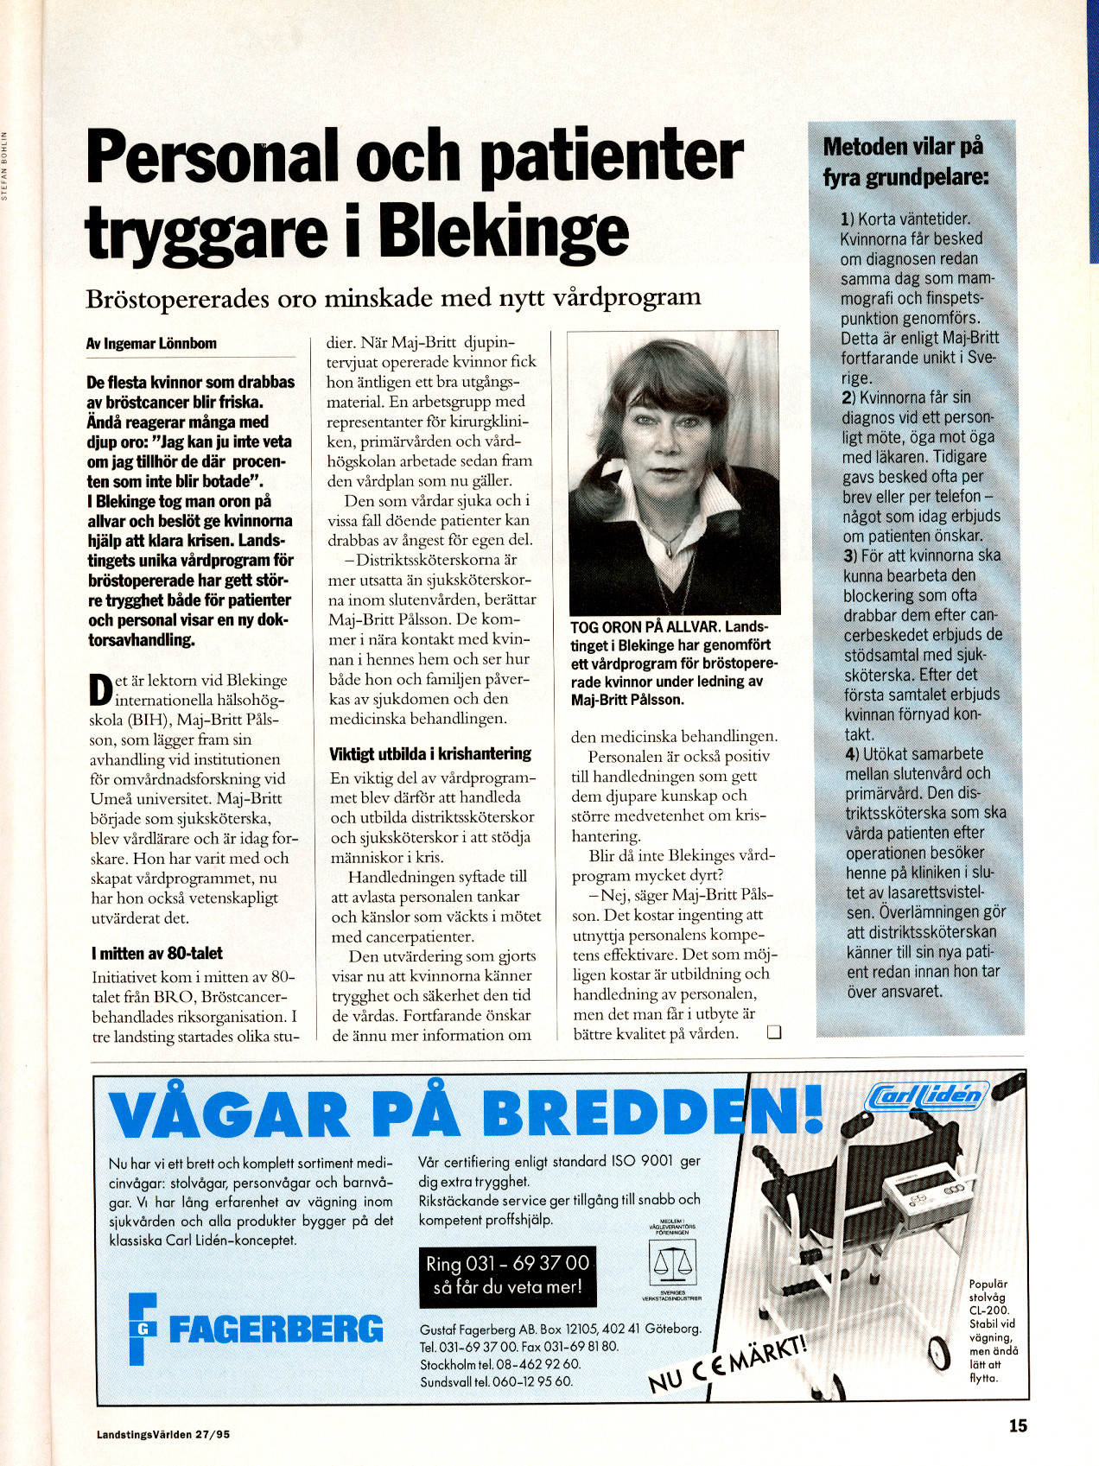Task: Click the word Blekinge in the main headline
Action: pyautogui.click(x=502, y=232)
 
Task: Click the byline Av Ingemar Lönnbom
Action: pyautogui.click(x=151, y=344)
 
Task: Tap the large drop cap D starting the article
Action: pyautogui.click(x=101, y=691)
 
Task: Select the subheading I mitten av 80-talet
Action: pyautogui.click(x=156, y=954)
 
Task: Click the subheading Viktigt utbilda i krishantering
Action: pyautogui.click(x=429, y=754)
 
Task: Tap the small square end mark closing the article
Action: pyautogui.click(x=774, y=1031)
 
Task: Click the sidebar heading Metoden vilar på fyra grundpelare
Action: pyautogui.click(x=905, y=162)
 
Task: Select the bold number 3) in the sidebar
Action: pyautogui.click(x=849, y=555)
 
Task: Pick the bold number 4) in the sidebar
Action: pyautogui.click(x=852, y=754)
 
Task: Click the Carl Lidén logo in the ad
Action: pyautogui.click(x=924, y=1096)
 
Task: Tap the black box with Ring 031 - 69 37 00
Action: pyautogui.click(x=507, y=1275)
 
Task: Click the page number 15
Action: pyautogui.click(x=1018, y=1426)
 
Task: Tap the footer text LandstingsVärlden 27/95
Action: pyautogui.click(x=163, y=1434)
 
